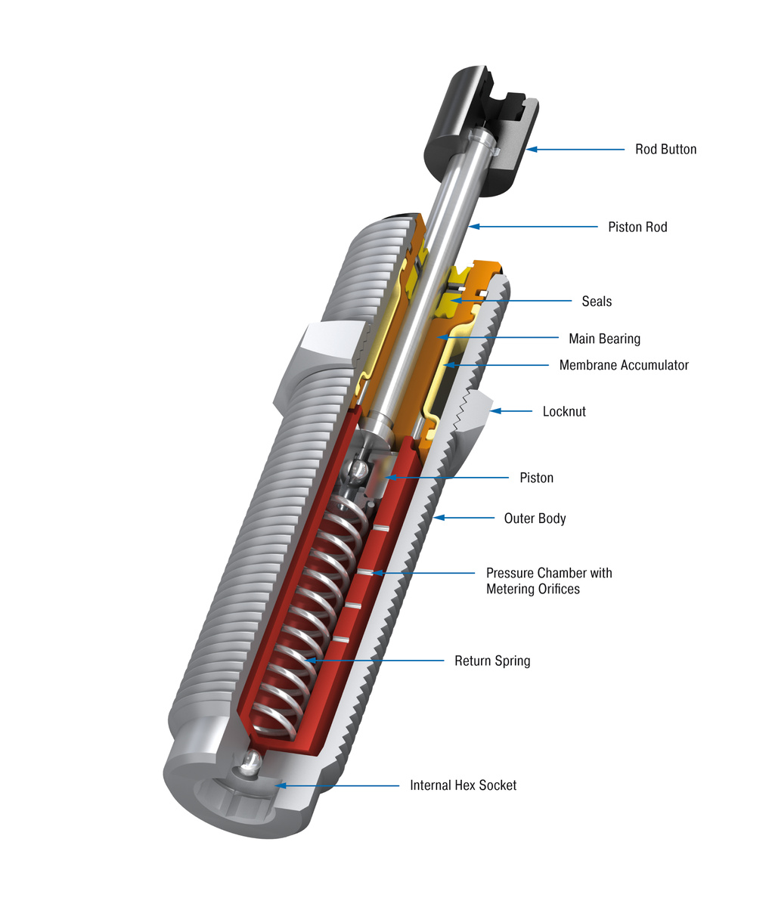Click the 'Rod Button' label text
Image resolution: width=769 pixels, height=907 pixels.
[x=665, y=150]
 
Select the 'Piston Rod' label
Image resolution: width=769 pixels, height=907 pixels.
[x=637, y=227]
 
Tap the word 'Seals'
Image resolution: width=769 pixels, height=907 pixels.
[x=597, y=302]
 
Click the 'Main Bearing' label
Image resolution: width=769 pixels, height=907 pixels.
[x=604, y=339]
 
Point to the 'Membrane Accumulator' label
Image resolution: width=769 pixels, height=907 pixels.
[x=624, y=365]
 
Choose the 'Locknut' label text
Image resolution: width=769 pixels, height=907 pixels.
[x=564, y=412]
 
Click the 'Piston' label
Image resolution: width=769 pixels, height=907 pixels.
[x=536, y=478]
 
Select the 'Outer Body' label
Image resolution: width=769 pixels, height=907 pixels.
[x=535, y=519]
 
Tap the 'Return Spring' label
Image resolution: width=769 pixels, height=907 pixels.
[x=492, y=661]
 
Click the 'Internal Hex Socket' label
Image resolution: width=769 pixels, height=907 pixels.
[x=463, y=785]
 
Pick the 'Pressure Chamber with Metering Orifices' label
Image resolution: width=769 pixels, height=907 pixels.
[x=548, y=580]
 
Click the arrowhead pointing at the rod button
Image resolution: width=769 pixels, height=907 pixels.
[x=532, y=150]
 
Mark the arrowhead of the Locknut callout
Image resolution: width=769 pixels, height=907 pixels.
[x=496, y=412]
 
